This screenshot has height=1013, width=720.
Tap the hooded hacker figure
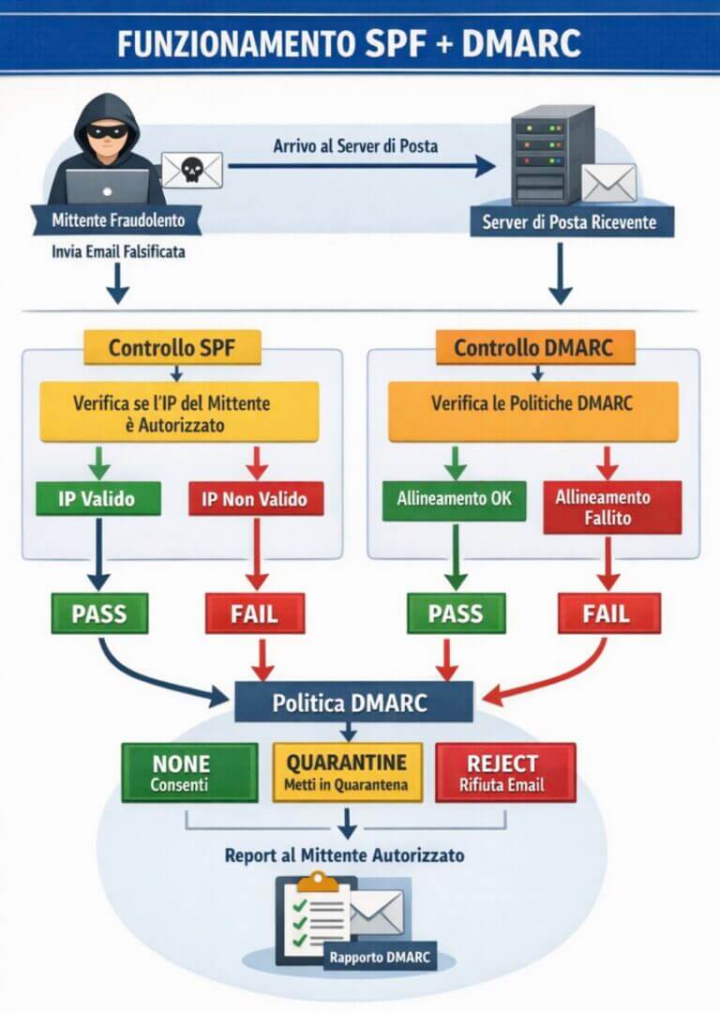click(x=105, y=150)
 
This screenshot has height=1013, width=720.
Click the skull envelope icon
click(x=191, y=169)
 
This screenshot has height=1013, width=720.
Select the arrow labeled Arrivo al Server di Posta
click(x=361, y=167)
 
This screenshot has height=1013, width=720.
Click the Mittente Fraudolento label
click(x=116, y=222)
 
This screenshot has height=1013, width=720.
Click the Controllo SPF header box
click(x=172, y=348)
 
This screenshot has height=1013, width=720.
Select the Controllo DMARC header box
click(x=534, y=348)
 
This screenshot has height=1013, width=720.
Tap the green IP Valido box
click(x=97, y=498)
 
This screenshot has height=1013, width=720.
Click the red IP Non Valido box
click(x=256, y=498)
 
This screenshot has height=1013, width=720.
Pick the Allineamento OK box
click(x=448, y=498)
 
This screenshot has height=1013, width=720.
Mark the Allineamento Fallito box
click(x=612, y=507)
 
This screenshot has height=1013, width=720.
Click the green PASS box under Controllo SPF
click(x=98, y=614)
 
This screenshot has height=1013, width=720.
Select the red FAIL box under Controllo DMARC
click(x=609, y=614)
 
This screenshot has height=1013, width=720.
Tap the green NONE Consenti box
click(x=188, y=772)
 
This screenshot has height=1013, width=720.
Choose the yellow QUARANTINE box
click(x=347, y=772)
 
